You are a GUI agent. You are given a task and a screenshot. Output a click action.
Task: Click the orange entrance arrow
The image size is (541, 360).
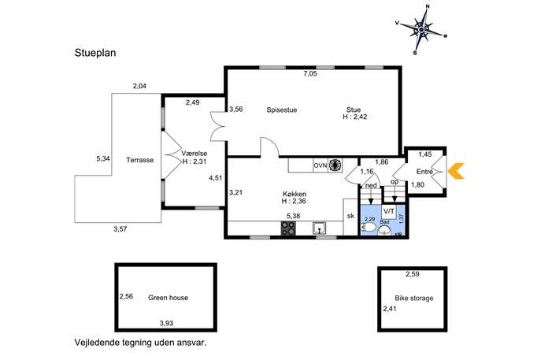click(x=456, y=171)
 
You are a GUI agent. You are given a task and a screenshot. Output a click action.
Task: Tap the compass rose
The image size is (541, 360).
click(x=421, y=30)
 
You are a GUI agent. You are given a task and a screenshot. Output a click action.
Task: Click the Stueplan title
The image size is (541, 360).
click(x=95, y=53)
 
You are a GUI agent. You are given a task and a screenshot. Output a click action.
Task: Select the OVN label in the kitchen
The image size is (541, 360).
click(x=320, y=165)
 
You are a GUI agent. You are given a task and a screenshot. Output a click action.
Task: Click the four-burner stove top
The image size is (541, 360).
click(x=288, y=228)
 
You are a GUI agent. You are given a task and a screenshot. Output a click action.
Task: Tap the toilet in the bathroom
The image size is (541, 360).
click(x=368, y=228)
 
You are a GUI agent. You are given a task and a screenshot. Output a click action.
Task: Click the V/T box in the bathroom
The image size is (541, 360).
click(x=389, y=212)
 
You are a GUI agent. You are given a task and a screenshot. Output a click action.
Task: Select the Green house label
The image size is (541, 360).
click(x=168, y=298)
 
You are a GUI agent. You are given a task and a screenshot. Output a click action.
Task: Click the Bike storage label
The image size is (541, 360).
click(x=414, y=299)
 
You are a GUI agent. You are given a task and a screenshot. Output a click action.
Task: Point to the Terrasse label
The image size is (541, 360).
click(x=139, y=160)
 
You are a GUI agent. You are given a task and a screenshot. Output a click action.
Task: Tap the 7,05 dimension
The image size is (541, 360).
click(x=310, y=73)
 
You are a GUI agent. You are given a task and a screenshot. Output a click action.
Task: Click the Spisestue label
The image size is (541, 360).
click(x=282, y=110)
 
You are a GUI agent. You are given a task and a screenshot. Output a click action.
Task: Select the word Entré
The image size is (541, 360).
click(x=424, y=172)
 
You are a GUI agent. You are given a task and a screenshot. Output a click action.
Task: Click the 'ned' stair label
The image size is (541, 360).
click(x=371, y=185)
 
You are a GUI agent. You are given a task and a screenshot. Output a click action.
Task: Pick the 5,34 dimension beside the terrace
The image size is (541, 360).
click(x=103, y=159)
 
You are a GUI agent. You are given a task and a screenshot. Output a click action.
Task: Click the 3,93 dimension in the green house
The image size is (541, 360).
click(x=166, y=324)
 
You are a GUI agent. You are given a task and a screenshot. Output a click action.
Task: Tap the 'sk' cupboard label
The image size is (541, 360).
click(x=350, y=216)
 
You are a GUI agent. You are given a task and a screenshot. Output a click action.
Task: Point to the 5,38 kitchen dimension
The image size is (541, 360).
click(x=293, y=216)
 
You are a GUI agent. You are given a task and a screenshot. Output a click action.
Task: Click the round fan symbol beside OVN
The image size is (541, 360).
click(x=335, y=165)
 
